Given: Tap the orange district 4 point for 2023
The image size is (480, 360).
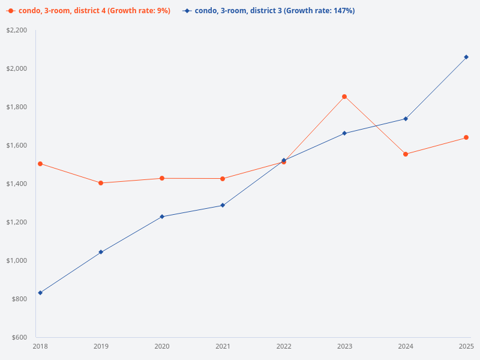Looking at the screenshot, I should (344, 97).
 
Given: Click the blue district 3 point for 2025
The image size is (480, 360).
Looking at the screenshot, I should (466, 57).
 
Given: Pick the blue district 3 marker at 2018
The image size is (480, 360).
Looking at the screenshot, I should (40, 293).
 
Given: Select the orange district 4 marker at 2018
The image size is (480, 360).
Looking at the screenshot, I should (40, 164).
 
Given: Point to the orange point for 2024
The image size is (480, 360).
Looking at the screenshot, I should (406, 154).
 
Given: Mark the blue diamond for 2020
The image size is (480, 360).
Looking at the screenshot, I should (162, 217).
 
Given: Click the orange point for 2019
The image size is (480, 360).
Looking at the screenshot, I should (101, 183).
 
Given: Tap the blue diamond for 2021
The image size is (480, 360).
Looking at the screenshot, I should (223, 205).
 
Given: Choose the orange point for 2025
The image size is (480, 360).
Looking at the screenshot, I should (466, 137).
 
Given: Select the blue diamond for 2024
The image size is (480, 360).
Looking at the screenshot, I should (406, 119).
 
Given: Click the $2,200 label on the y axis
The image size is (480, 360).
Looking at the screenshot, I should (17, 30).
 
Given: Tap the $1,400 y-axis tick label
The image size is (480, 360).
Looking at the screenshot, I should (17, 184).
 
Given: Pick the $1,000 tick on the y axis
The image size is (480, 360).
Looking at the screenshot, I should (17, 260).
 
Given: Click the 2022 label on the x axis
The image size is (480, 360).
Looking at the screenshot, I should (284, 346).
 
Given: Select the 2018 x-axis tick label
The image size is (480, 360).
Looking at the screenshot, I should (40, 346).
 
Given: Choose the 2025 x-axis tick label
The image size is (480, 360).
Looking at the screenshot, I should (466, 346).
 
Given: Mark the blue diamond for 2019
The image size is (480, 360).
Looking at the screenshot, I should (101, 252).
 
